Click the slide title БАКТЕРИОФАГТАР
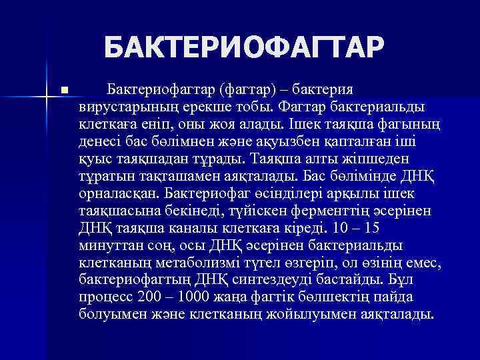click(244, 48)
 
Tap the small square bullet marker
click(63, 89)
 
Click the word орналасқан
click(116, 193)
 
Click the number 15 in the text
click(386, 228)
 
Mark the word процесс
click(104, 297)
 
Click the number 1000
click(195, 297)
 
